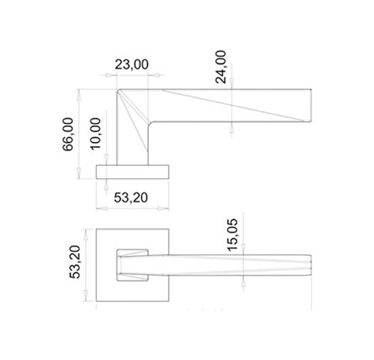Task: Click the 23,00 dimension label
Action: pyautogui.click(x=131, y=65)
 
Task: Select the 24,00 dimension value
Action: pyautogui.click(x=220, y=67)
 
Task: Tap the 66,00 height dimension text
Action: pyautogui.click(x=68, y=134)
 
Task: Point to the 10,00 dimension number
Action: pyautogui.click(x=95, y=134)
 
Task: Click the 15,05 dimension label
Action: pyautogui.click(x=233, y=234)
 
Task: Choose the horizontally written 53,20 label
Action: pyautogui.click(x=131, y=198)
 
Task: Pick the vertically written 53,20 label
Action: pyautogui.click(x=75, y=262)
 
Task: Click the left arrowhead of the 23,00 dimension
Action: pyautogui.click(x=109, y=75)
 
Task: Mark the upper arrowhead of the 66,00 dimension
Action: pyautogui.click(x=79, y=94)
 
